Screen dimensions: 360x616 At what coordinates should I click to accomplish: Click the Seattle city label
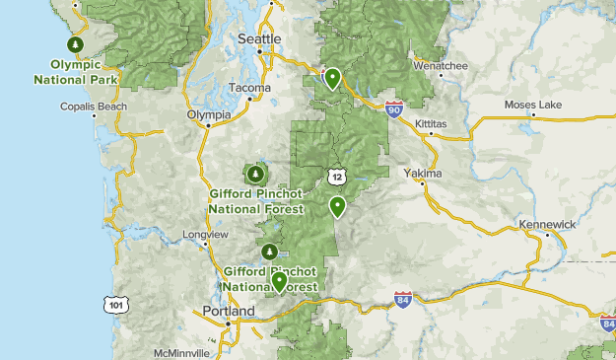[x=259, y=38]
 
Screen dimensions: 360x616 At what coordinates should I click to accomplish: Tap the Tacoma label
[x=248, y=88]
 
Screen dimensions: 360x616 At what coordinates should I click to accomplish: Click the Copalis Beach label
[x=94, y=107]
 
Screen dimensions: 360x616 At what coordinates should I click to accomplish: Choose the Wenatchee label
[x=440, y=66]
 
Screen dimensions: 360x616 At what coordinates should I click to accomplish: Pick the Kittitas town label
[x=431, y=124]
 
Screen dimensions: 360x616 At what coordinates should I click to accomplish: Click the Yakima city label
[x=424, y=174]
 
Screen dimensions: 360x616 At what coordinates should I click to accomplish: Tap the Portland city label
[x=227, y=311]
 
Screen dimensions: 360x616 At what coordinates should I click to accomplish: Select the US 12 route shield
[x=337, y=175]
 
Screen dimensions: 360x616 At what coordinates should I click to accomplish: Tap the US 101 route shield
[x=116, y=305]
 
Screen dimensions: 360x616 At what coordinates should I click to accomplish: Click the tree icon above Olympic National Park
[x=75, y=45]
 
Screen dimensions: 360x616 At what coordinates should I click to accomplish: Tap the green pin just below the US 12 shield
[x=338, y=207]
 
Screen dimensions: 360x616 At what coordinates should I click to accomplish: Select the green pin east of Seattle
[x=333, y=78]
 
